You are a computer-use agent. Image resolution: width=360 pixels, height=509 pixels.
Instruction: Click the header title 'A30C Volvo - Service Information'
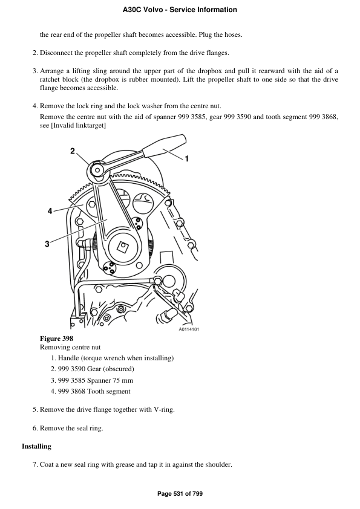[x=180, y=10]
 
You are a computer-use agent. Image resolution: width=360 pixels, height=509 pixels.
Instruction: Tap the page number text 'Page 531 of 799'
[x=180, y=494]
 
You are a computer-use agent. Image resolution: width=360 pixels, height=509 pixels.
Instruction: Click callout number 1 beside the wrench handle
[x=186, y=159]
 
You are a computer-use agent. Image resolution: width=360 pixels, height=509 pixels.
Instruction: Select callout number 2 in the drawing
[x=73, y=151]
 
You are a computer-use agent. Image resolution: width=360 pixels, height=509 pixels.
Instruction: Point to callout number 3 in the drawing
[x=47, y=244]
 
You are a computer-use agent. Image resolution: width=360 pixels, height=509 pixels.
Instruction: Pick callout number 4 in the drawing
[x=50, y=210]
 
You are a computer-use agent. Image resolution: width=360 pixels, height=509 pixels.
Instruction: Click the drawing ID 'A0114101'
[x=189, y=329]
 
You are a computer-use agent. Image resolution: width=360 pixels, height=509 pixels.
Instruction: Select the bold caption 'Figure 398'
[x=56, y=339]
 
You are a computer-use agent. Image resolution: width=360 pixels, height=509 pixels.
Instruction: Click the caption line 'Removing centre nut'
[x=70, y=347]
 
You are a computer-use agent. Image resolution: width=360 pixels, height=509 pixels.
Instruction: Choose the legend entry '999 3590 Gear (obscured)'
[x=96, y=369]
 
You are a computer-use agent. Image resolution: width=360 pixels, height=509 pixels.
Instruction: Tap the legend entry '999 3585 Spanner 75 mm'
[x=95, y=380]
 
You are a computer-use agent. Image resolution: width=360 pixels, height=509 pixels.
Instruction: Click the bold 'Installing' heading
[x=36, y=446]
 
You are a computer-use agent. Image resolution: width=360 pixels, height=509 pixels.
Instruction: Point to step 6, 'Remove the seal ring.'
[x=71, y=428]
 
